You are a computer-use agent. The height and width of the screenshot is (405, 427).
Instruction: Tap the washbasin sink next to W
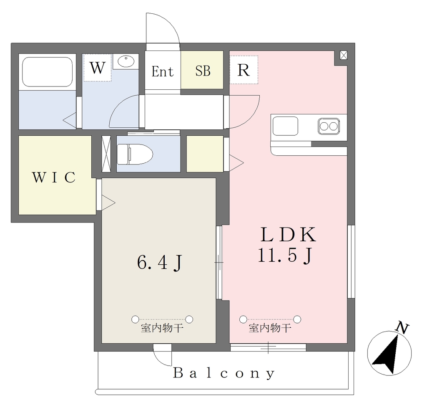click(x=126, y=61)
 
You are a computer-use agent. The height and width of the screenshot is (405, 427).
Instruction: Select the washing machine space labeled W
click(x=97, y=67)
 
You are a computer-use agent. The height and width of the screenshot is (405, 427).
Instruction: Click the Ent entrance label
click(x=163, y=71)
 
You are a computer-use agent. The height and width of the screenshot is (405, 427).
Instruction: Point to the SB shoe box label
click(x=203, y=71)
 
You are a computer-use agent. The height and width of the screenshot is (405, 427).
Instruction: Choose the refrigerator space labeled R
click(x=244, y=70)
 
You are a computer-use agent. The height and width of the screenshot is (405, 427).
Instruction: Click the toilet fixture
click(x=135, y=154)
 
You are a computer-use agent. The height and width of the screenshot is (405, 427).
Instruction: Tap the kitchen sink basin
click(x=285, y=126)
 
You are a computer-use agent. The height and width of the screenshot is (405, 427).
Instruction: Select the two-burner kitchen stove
click(x=329, y=126)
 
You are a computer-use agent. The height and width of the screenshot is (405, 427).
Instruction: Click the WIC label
click(x=54, y=177)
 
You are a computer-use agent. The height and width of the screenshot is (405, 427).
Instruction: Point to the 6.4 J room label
click(x=160, y=262)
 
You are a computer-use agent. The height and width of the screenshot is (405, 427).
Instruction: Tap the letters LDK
click(x=289, y=235)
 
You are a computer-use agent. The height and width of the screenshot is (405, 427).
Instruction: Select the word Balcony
click(x=224, y=373)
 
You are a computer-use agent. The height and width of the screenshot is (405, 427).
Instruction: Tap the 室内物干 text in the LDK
click(x=270, y=328)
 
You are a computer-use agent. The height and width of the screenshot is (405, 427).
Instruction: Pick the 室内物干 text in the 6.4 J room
click(x=162, y=328)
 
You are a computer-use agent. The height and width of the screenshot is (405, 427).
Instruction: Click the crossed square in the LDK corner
click(x=344, y=56)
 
